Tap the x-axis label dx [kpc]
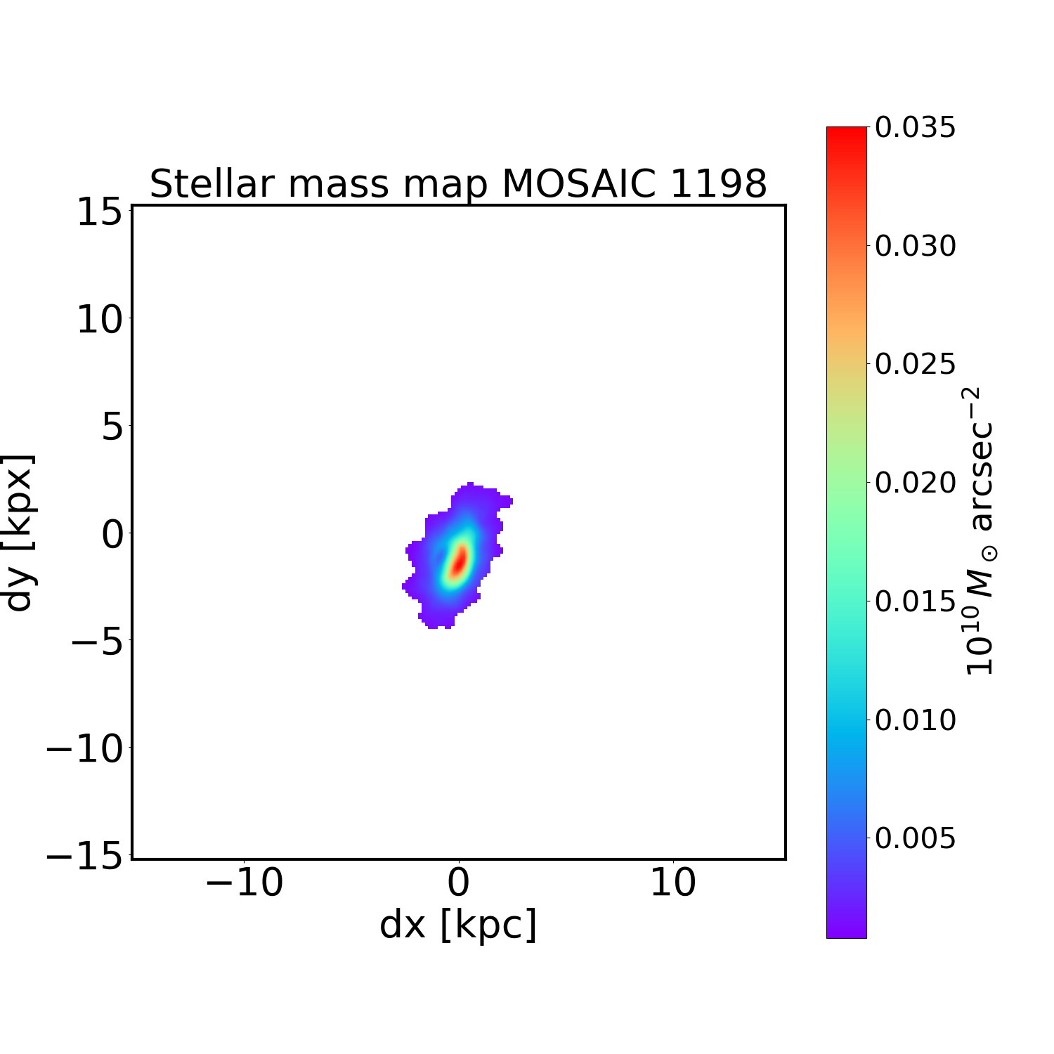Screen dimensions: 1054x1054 pyautogui.click(x=458, y=925)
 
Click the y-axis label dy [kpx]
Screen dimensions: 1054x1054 pyautogui.click(x=19, y=533)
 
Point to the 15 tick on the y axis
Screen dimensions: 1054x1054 pyautogui.click(x=100, y=212)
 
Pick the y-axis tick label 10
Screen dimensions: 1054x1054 pyautogui.click(x=100, y=320)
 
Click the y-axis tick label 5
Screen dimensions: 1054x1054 pyautogui.click(x=112, y=427)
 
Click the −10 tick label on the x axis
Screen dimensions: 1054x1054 pyautogui.click(x=244, y=883)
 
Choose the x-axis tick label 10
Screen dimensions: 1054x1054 pyautogui.click(x=672, y=883)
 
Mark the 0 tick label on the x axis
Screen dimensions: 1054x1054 pyautogui.click(x=458, y=883)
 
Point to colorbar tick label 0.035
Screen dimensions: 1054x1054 pyautogui.click(x=915, y=128)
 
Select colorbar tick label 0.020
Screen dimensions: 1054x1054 pyautogui.click(x=915, y=483)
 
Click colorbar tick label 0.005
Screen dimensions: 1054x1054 pyautogui.click(x=915, y=838)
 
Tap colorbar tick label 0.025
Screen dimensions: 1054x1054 pyautogui.click(x=915, y=364)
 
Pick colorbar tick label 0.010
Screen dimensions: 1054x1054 pyautogui.click(x=915, y=720)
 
